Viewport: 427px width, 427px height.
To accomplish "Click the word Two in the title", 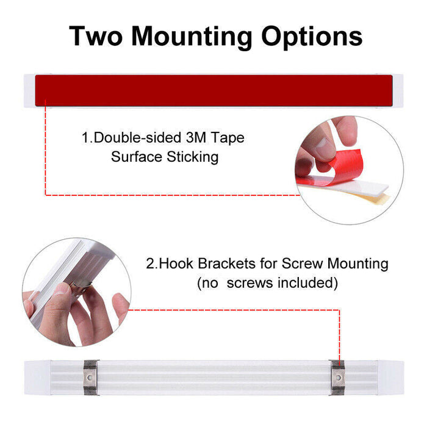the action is pos(96,36).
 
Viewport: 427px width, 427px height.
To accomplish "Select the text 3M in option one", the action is pos(196,137).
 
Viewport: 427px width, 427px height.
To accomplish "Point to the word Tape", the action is pos(228,138).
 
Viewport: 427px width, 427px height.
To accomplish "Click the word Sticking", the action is pos(193,157).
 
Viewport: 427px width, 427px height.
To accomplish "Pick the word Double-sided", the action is pos(137,137).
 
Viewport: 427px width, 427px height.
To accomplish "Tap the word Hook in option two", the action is pos(176,264).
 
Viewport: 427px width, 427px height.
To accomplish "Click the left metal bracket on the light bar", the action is pos(90,378).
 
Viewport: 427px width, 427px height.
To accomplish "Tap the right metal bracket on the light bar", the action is pos(338,378).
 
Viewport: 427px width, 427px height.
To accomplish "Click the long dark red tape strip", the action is pos(213,90).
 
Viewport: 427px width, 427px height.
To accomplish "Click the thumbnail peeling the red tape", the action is pos(323,145).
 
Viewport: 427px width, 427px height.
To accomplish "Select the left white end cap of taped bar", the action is pos(29,90).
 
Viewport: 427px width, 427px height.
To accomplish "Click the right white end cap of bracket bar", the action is pos(390,378).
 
